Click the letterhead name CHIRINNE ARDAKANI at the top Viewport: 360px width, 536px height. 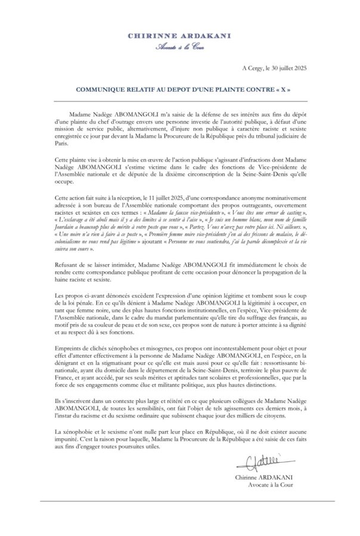click(x=179, y=36)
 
